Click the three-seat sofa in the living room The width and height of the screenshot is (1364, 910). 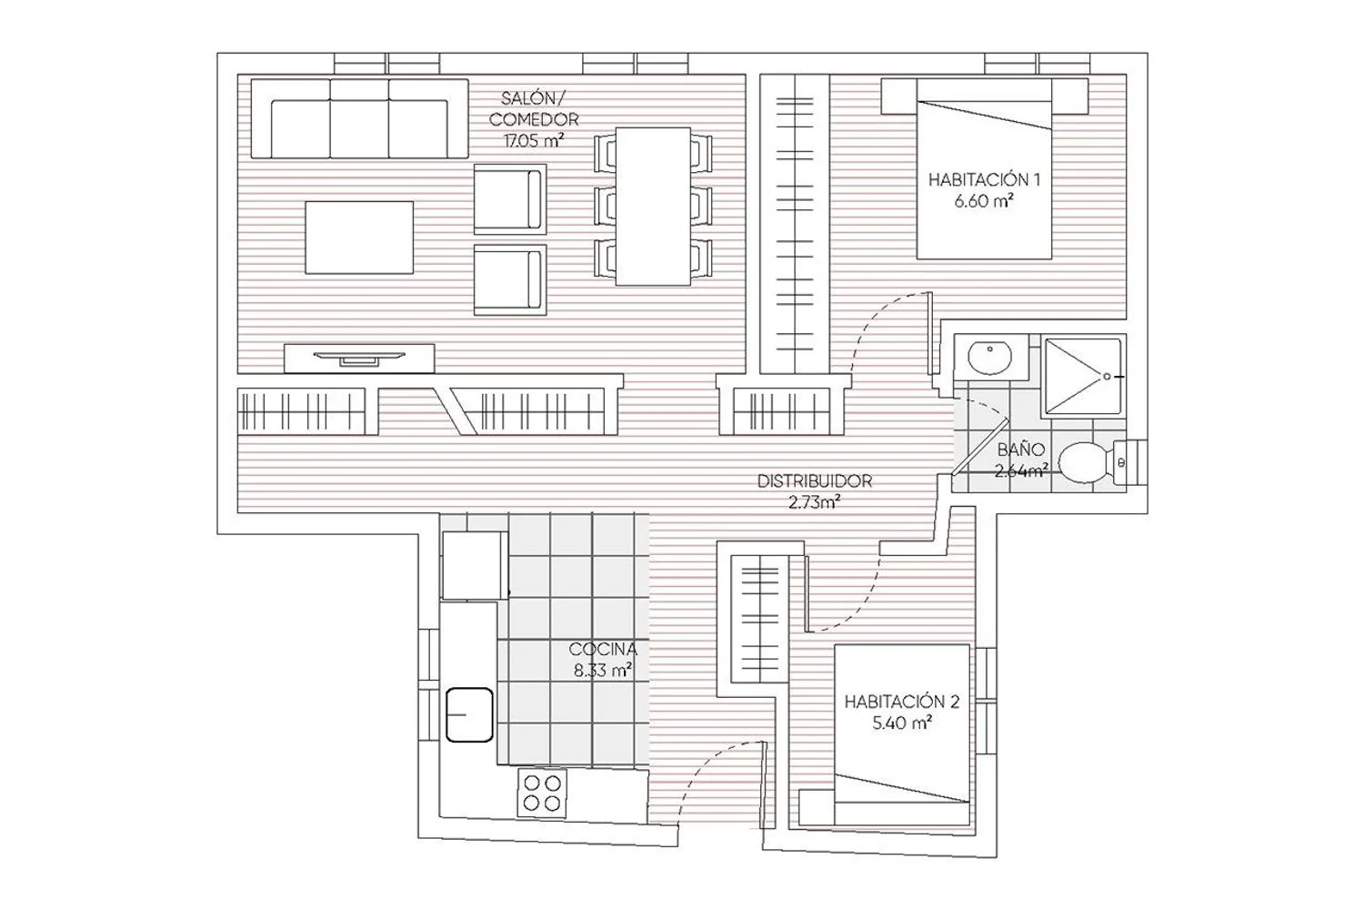coord(359,118)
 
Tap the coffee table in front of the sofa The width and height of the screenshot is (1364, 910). coord(359,238)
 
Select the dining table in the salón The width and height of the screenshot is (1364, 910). coord(653,206)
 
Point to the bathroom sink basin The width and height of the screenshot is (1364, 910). coord(990,357)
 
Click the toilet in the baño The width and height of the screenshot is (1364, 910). coord(1092,462)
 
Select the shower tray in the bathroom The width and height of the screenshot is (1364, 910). coord(1083,376)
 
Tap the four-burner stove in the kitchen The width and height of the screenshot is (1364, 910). coord(542,793)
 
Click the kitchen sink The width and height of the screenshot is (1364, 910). coord(469,714)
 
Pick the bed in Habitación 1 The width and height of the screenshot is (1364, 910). coord(984,169)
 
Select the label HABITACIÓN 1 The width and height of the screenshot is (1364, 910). coord(984,180)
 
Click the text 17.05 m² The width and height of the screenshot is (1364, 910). coord(534,141)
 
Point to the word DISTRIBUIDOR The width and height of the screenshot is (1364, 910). coord(815,480)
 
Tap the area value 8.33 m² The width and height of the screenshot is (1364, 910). coord(602,671)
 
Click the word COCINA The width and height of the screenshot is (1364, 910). coord(603,649)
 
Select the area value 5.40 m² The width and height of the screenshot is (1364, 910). coord(902,723)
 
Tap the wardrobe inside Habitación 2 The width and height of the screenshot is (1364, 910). coord(760,619)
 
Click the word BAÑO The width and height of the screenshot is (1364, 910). coord(1021,450)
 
